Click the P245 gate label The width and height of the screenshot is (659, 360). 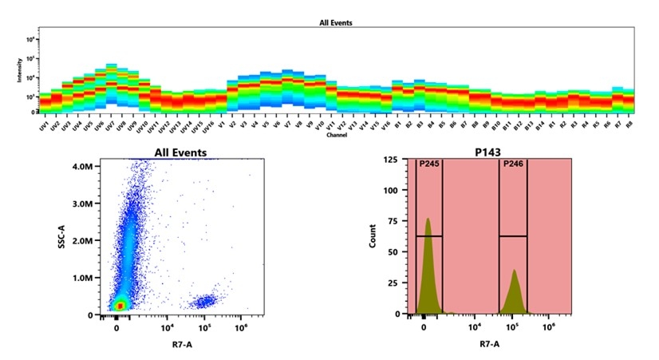[x=428, y=166]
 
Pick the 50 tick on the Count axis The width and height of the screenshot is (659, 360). [x=392, y=253]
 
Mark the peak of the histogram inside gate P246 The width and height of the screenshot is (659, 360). [x=515, y=271]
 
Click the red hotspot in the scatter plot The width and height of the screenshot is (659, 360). [x=118, y=305]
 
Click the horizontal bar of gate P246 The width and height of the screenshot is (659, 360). [x=512, y=236]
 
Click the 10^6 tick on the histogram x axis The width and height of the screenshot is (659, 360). [x=549, y=326]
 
